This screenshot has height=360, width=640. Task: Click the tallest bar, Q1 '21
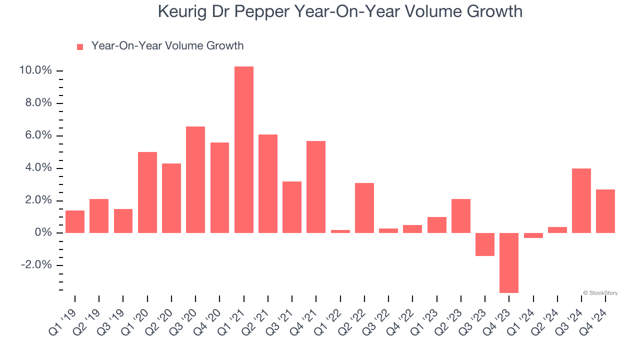pos(244,149)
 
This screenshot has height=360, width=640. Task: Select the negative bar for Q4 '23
pos(509,262)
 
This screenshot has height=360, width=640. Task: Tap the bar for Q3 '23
pos(485,244)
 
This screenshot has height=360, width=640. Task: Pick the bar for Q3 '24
pos(581,200)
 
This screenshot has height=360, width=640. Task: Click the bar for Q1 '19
pos(75,221)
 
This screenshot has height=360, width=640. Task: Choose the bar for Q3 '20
pos(195,179)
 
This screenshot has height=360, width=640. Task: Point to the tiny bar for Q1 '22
pos(340,231)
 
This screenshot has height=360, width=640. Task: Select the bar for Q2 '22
pos(364,207)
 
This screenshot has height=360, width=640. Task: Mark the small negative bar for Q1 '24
pos(533,235)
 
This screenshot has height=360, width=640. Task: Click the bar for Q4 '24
pos(605,211)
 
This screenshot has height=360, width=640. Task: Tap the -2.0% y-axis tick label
pos(36,265)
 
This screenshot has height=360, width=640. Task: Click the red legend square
pos(80,46)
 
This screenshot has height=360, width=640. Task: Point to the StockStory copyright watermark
pos(600,293)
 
